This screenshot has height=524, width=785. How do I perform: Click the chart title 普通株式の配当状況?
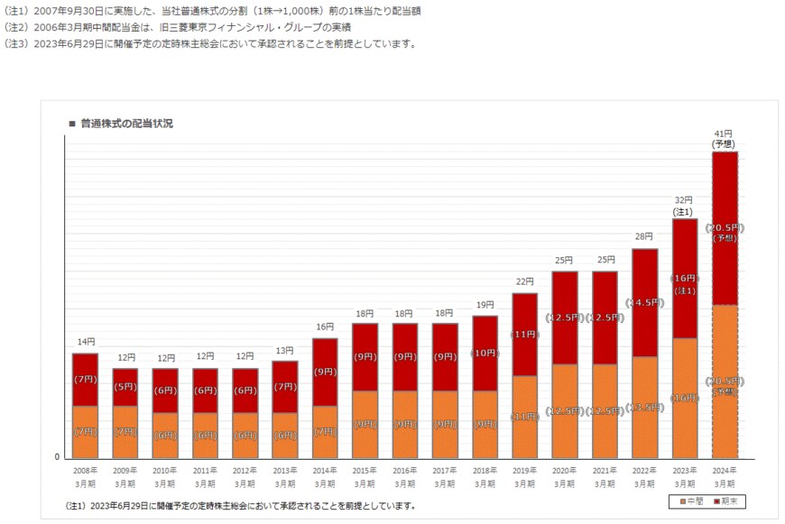(x=125, y=123)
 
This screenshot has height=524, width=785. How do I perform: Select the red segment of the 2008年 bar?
(x=86, y=379)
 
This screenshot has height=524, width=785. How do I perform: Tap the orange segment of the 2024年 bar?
(x=725, y=381)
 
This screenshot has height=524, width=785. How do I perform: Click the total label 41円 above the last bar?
(x=724, y=133)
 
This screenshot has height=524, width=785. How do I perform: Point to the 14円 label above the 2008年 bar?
(x=86, y=342)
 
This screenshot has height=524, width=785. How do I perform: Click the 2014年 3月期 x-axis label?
(x=325, y=477)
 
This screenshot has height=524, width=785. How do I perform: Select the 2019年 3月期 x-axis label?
(x=524, y=477)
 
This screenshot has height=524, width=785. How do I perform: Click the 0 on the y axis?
(x=57, y=457)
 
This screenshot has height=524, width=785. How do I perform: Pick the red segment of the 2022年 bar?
(x=644, y=302)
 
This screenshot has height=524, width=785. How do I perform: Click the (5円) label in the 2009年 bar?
(x=125, y=387)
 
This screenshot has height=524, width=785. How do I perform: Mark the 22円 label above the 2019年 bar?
(x=524, y=281)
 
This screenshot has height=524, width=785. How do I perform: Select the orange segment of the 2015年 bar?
(x=365, y=424)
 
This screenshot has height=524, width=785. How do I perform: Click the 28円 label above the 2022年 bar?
(x=644, y=236)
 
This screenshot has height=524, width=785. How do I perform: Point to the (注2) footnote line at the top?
(x=180, y=27)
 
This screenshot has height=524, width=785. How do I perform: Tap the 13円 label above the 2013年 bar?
(x=285, y=350)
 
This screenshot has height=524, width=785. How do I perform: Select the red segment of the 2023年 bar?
(x=684, y=278)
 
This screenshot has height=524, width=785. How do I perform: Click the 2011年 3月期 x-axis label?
(x=205, y=477)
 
